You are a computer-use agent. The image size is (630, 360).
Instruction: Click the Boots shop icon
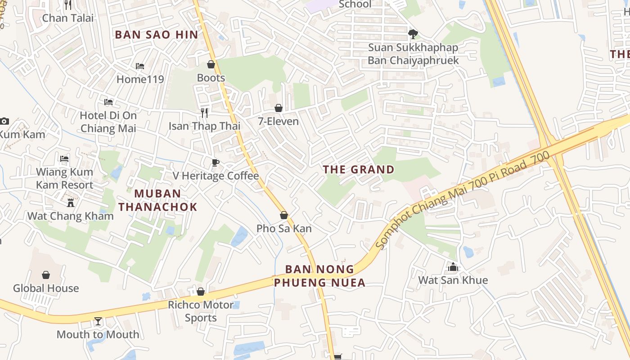coord(211,65)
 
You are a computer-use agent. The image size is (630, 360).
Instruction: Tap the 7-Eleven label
coord(278,121)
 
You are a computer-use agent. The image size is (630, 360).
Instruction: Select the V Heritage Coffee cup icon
coord(216,162)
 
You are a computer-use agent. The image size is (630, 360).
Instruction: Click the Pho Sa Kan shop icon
coord(284,215)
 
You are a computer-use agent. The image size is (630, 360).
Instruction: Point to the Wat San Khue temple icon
coord(453,267)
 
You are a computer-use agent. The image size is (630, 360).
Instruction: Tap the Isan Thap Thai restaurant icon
coord(204,112)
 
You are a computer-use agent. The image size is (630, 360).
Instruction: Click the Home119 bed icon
coord(140,66)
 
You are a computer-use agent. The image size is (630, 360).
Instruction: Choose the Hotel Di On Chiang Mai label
coord(108,121)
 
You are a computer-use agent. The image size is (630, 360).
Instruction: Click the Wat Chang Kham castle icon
coord(71,202)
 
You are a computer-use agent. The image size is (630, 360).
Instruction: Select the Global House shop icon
coord(46,275)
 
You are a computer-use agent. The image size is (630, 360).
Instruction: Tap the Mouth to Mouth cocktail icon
coord(98,321)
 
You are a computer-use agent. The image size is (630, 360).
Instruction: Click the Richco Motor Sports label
coord(201,311)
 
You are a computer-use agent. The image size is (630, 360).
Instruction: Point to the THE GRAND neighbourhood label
coord(359,170)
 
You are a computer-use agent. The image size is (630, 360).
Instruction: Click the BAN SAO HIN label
coord(156,35)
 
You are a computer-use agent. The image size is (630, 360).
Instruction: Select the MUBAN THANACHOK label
coord(157,200)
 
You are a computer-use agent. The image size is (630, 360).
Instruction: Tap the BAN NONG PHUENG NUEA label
coord(319,276)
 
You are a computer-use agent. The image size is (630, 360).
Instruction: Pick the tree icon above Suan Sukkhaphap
coord(413,34)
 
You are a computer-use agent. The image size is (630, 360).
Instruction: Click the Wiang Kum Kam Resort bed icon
coord(64,159)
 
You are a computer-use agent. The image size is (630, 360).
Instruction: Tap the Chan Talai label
coord(68,18)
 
